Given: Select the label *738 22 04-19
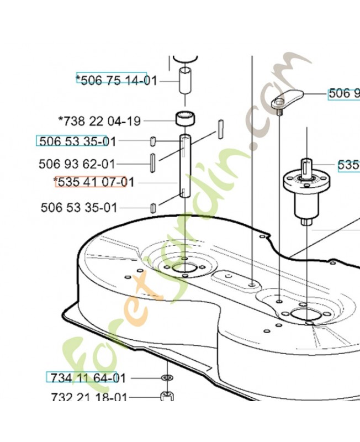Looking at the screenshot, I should click(99, 120).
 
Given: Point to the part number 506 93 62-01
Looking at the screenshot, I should click(77, 164).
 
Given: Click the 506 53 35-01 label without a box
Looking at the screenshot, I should click(79, 208).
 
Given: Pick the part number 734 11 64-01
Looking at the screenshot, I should click(88, 378).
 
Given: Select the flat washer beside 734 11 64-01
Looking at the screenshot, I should click(167, 378).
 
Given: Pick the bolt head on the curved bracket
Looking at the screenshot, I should click(280, 103).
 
